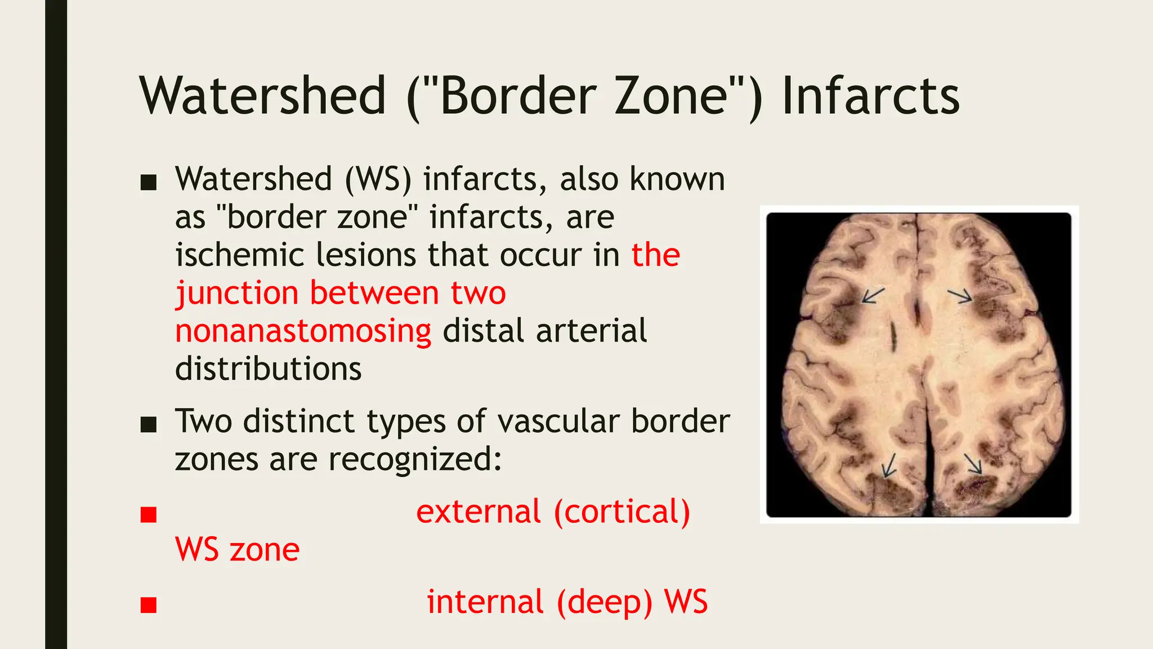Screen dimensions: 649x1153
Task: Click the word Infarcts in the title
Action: pos(870,96)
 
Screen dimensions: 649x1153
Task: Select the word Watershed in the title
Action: pos(263,96)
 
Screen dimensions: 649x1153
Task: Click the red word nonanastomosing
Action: pos(303,331)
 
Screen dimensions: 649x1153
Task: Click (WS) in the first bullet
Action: pos(378,180)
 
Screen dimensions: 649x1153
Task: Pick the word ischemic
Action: pos(239,255)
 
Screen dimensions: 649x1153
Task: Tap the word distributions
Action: pos(268,369)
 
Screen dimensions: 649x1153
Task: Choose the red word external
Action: pos(479,512)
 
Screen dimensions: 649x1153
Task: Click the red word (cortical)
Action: pos(622,512)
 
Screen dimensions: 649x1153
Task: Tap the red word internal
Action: pos(485,602)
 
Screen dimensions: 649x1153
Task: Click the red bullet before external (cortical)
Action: pos(149,515)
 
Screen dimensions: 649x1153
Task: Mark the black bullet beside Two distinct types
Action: pos(149,425)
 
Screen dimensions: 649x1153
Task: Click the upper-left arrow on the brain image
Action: pos(873,295)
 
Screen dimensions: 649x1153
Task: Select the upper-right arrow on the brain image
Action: pos(960,295)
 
